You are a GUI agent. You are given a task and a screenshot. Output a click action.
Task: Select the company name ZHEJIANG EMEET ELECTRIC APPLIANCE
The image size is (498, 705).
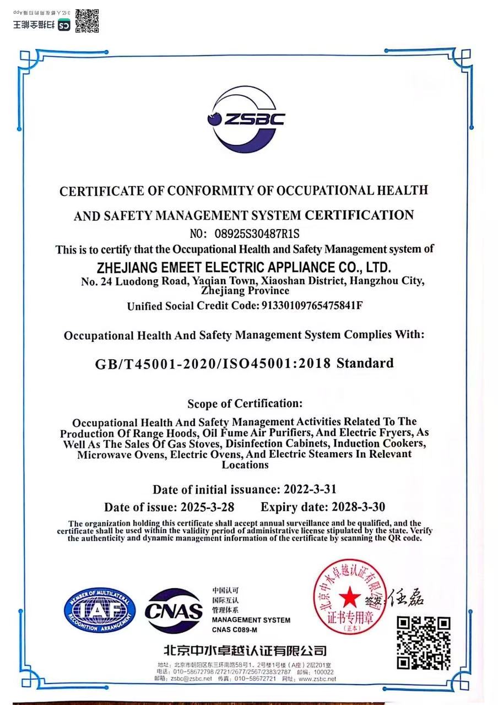243,268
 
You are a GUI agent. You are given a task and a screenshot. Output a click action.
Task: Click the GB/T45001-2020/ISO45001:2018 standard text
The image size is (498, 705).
244,364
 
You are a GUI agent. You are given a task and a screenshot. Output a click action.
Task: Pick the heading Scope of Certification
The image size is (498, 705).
245,404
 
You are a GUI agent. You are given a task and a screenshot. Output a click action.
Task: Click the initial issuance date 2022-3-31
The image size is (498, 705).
310,489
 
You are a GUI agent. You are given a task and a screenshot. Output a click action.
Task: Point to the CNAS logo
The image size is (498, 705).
174,610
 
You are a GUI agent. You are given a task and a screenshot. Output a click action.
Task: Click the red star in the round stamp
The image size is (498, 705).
348,596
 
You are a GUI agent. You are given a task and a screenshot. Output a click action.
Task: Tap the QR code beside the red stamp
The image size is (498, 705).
424,643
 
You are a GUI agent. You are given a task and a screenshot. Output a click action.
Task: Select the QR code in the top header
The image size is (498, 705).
87,21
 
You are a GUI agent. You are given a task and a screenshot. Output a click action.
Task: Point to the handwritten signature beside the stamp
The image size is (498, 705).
407,596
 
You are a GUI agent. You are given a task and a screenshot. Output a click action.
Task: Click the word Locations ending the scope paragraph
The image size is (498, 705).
245,465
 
